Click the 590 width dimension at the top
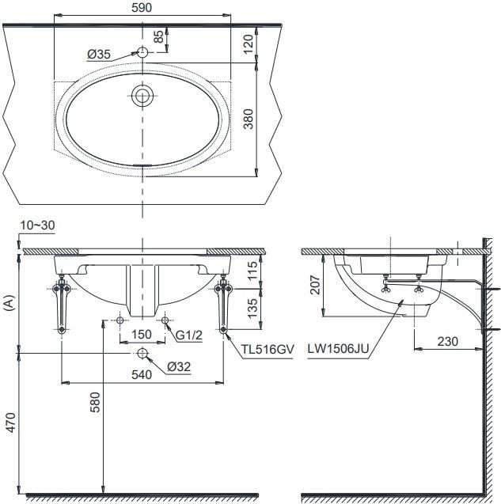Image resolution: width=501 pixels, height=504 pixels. [142, 7]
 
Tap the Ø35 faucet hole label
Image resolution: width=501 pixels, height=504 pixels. [98, 54]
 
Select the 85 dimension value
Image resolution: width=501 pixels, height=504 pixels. [158, 37]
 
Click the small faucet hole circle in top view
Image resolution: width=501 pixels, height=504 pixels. [142, 52]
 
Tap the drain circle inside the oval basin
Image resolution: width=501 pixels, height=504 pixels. [142, 97]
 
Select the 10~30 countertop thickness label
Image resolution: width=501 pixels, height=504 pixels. [37, 225]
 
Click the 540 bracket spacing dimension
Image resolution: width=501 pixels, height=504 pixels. [142, 376]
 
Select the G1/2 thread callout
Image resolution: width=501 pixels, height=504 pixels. [191, 335]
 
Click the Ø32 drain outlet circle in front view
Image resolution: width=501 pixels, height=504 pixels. [142, 352]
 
